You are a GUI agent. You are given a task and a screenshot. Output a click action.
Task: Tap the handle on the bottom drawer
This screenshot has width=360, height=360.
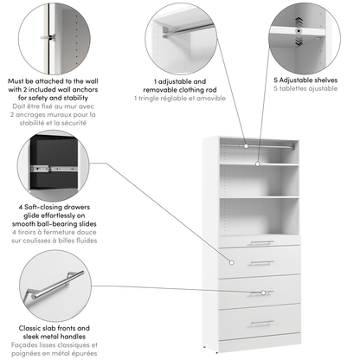(x=261, y=323)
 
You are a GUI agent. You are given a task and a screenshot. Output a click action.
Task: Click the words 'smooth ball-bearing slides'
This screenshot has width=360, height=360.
(x=54, y=224)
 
